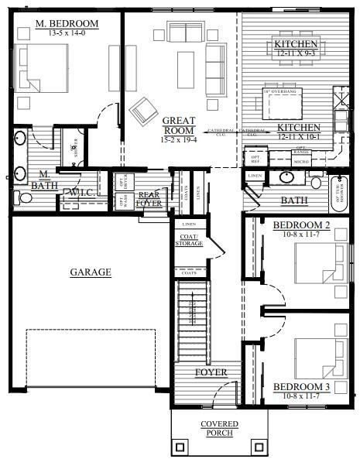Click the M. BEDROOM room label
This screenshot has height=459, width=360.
[66, 24]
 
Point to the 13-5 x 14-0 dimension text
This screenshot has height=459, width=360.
[66, 34]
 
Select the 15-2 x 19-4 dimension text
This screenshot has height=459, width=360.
[179, 140]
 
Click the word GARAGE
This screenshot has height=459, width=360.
[91, 272]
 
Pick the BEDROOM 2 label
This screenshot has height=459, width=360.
[302, 225]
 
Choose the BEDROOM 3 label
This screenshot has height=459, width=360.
[302, 386]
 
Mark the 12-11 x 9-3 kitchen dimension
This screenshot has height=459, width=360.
[297, 55]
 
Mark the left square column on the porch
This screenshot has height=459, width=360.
[180, 447]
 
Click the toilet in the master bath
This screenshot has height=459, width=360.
[25, 198]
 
